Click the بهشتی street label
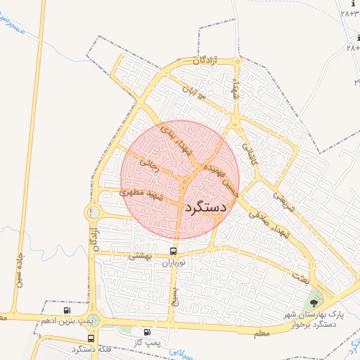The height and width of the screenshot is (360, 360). coord(139,258)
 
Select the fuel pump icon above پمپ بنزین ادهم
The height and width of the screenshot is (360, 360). coord(67,310)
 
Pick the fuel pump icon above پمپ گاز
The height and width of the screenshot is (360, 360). coord(147,332)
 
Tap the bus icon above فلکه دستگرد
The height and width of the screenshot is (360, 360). coord(91,339)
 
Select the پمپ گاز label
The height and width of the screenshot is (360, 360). coord(146,342)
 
